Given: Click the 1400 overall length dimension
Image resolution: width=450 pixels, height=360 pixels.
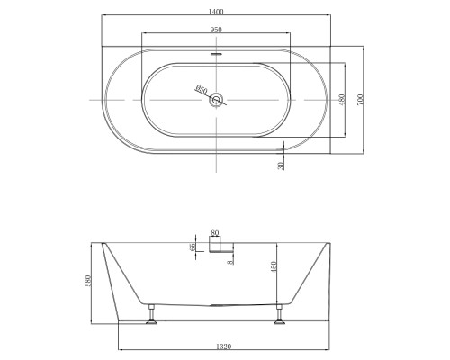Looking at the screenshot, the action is click(x=216, y=12).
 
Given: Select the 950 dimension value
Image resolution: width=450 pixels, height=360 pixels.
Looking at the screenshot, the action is click(x=216, y=30).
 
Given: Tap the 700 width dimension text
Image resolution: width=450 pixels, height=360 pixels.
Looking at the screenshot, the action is click(x=360, y=100).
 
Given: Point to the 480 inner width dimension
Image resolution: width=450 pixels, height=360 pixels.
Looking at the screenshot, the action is click(x=342, y=100).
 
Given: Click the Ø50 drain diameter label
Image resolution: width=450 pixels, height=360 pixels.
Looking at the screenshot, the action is click(x=201, y=89).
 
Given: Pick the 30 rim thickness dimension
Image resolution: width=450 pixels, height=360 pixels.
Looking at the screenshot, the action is click(x=281, y=166).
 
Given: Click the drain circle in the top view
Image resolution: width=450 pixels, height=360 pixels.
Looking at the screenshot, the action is click(x=216, y=100).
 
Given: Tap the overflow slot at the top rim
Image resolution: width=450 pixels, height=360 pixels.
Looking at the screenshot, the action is click(x=216, y=54).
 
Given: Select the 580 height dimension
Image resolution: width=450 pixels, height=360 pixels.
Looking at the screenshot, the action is click(x=87, y=281).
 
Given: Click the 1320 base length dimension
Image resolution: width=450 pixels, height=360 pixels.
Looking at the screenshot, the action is click(x=224, y=346).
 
